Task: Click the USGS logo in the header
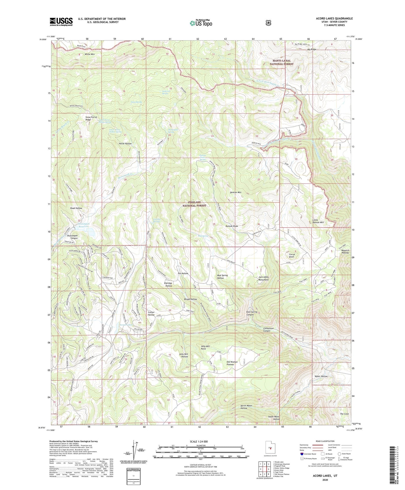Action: (x=61, y=22)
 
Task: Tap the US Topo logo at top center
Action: (x=201, y=23)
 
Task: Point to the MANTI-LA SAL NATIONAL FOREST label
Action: (x=281, y=62)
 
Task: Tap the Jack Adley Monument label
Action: (x=263, y=278)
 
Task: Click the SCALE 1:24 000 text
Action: (x=199, y=442)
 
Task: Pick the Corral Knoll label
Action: (x=291, y=256)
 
